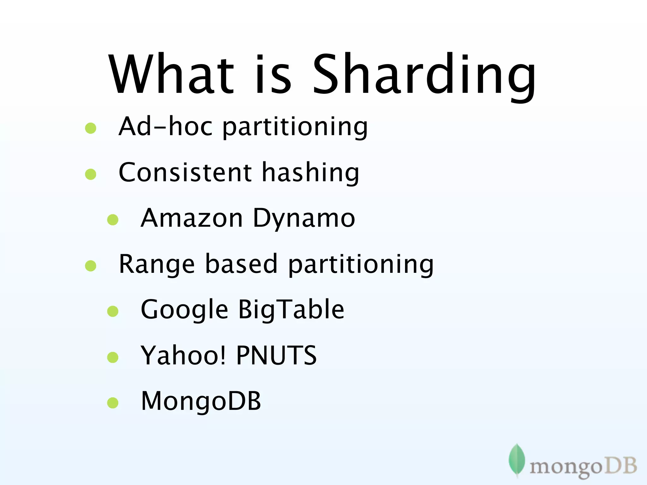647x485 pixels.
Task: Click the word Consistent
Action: [185, 172]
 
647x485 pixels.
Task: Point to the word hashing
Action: [311, 173]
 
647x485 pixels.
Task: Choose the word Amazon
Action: [191, 218]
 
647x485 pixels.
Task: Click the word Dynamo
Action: [304, 219]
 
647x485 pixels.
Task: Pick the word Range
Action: [157, 265]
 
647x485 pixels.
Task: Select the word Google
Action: [184, 310]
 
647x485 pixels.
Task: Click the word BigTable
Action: [291, 310]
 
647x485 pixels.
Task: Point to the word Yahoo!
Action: [183, 356]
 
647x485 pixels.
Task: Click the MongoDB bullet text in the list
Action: [201, 401]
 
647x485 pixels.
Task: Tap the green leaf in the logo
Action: [517, 460]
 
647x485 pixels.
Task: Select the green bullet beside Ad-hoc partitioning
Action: [91, 128]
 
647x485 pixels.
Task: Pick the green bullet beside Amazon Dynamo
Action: [113, 220]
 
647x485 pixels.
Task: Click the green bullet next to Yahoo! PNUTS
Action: [113, 357]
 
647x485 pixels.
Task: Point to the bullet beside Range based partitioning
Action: [91, 266]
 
